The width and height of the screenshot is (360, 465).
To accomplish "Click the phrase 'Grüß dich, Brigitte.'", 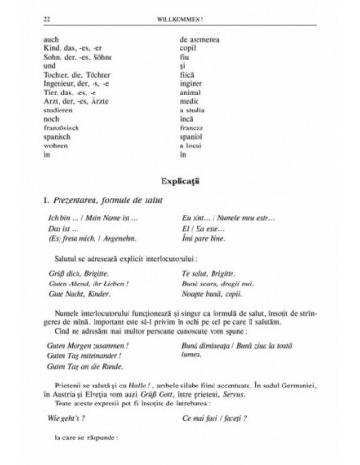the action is point(63,273).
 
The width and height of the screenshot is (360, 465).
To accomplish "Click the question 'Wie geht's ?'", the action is point(49,418).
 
